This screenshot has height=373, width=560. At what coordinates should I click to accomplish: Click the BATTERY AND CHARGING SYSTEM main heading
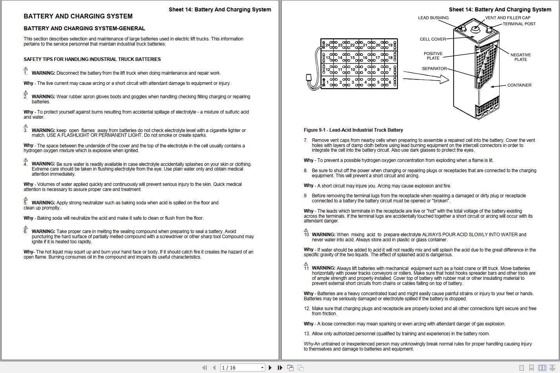tap(78, 17)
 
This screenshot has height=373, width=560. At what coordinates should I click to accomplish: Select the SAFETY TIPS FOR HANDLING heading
tap(92, 59)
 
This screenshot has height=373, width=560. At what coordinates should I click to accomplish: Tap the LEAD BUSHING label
tap(433, 18)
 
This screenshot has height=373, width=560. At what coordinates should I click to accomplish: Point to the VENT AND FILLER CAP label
tap(508, 18)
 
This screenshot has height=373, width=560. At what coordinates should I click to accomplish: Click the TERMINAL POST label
tap(519, 24)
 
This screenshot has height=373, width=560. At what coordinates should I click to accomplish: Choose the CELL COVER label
tap(433, 39)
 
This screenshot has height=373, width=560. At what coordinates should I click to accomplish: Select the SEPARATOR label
tap(434, 69)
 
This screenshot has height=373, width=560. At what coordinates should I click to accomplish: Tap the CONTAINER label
tap(519, 85)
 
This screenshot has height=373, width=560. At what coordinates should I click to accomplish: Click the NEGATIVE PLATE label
tap(520, 57)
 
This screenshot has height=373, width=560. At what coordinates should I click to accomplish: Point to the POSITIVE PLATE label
tap(433, 56)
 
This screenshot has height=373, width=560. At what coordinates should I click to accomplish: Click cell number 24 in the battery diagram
tap(327, 45)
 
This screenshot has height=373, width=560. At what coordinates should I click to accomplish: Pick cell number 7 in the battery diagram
tap(390, 70)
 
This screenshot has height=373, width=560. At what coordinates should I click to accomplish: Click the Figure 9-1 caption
tap(353, 130)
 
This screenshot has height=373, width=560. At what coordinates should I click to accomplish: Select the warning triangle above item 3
tap(26, 126)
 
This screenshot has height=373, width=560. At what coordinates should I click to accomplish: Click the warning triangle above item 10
tap(306, 230)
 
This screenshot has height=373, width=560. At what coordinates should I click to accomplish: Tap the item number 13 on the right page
tap(306, 334)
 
